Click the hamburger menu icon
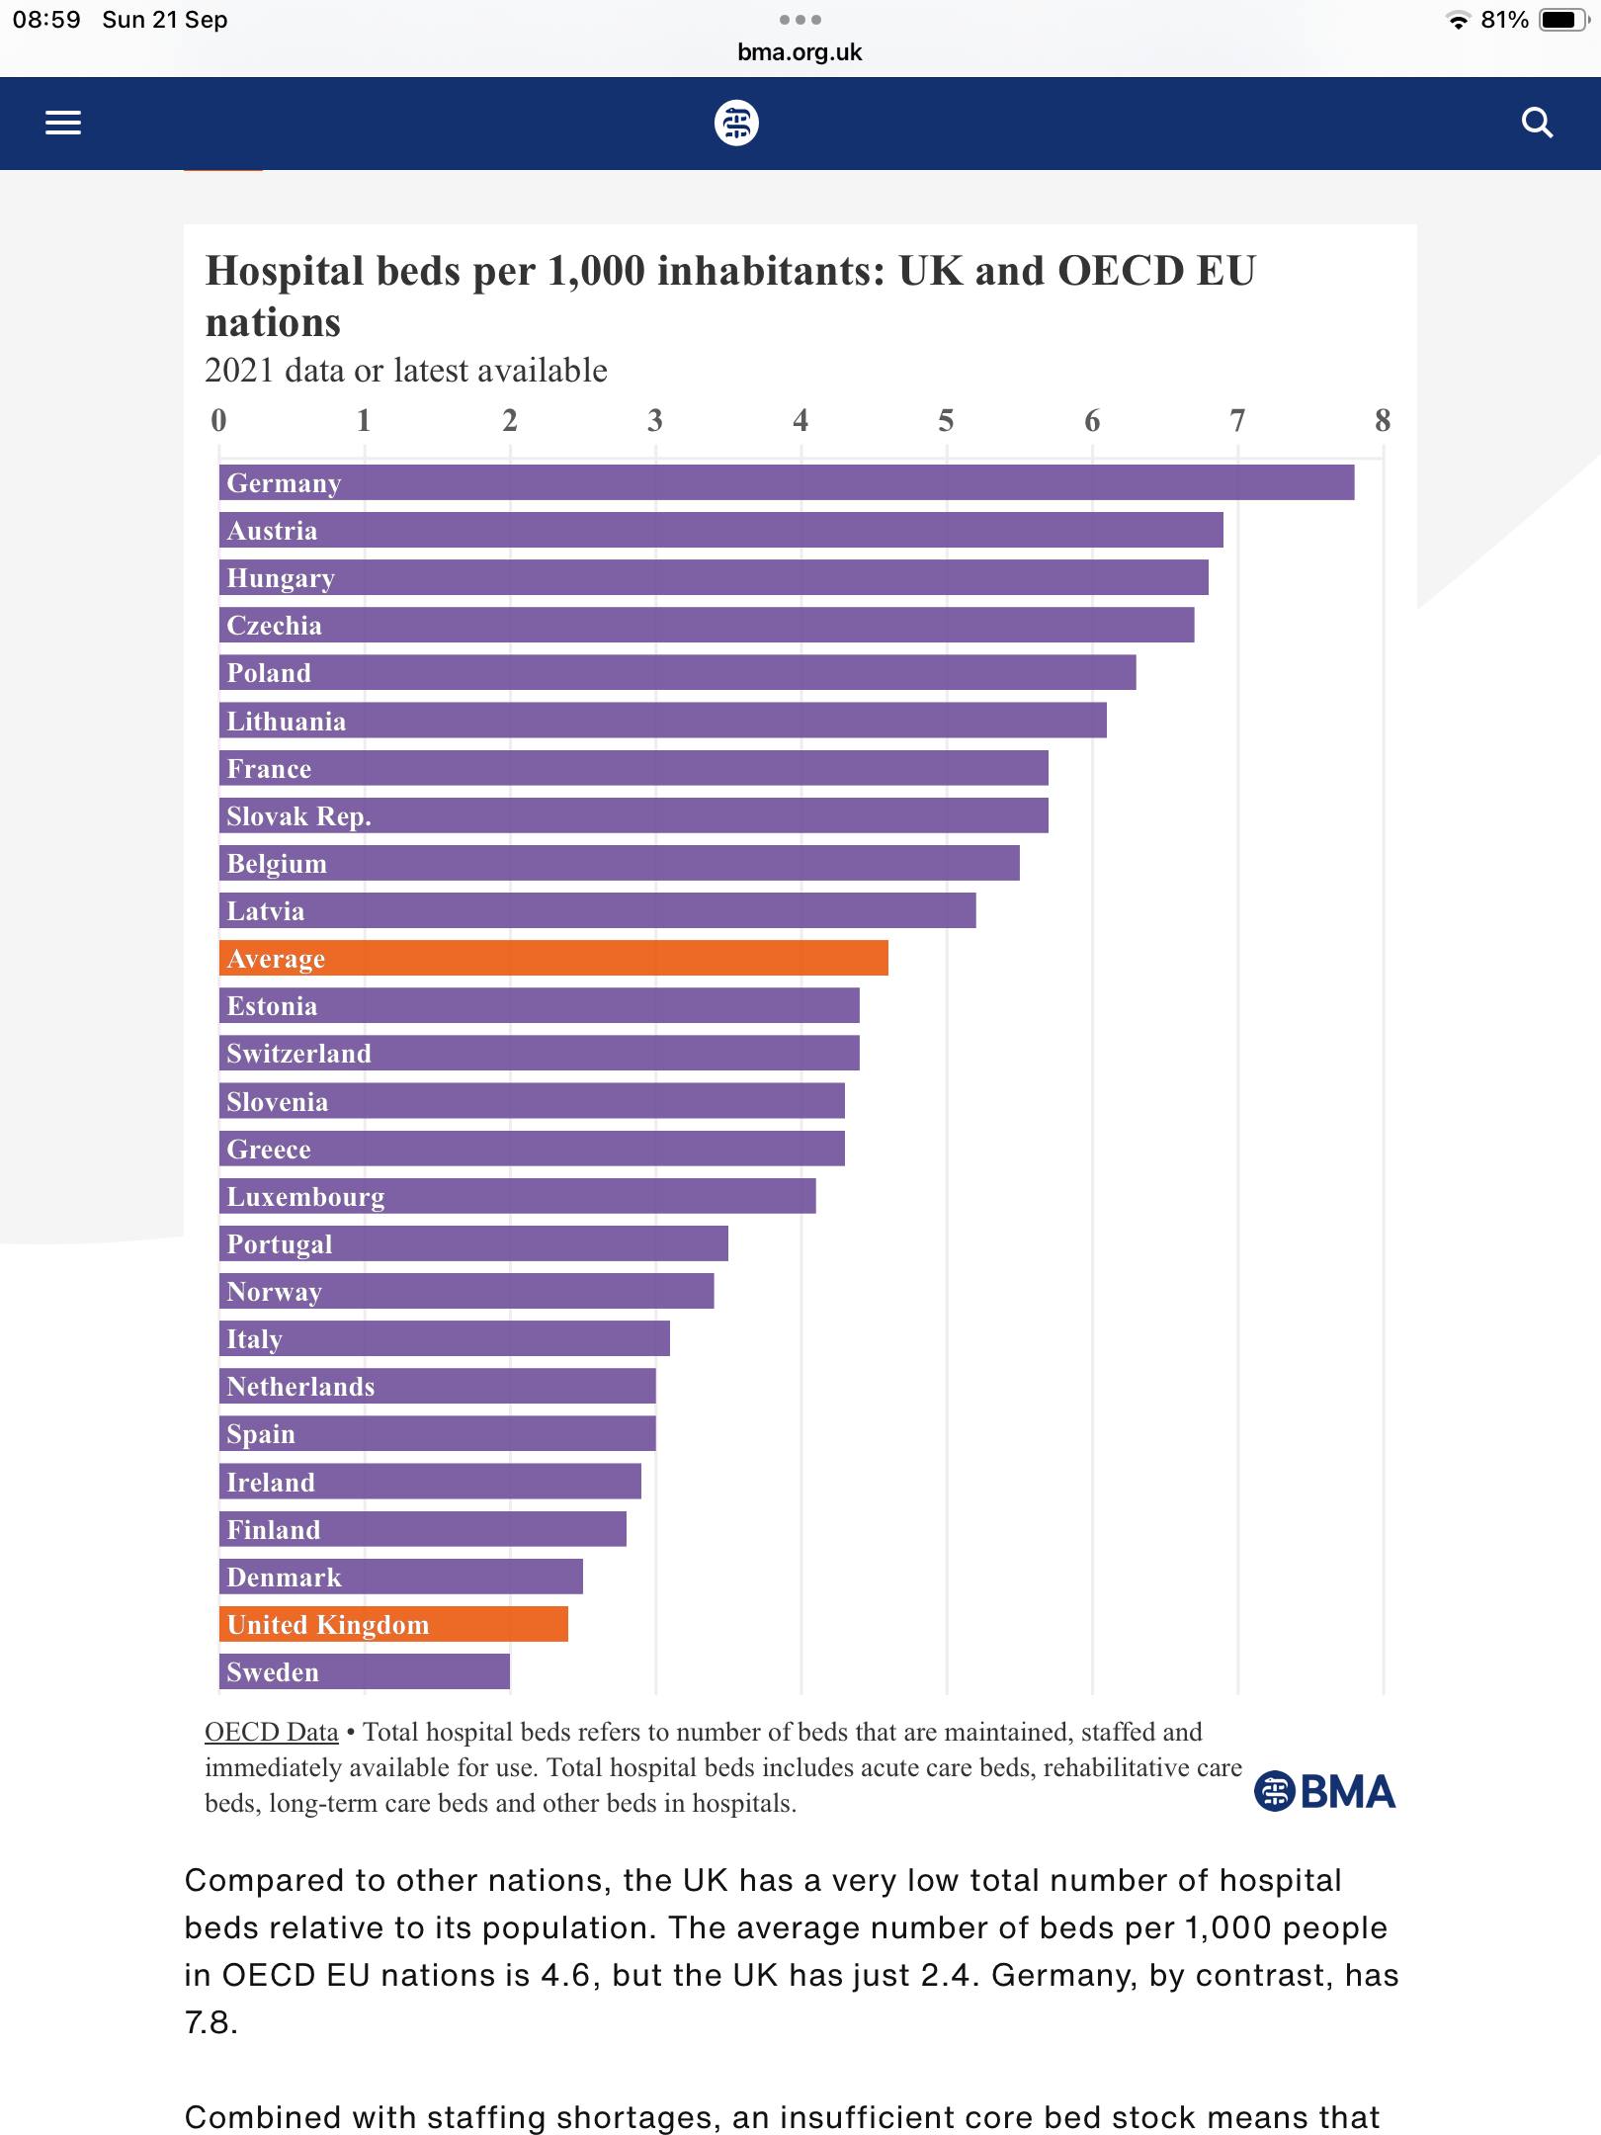(63, 123)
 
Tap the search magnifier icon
(1537, 123)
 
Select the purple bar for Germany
(786, 483)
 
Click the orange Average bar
(553, 959)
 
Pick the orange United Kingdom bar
(393, 1625)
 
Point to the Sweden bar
(364, 1672)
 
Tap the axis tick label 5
(946, 421)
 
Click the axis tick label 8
(1383, 421)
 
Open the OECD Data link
(271, 1732)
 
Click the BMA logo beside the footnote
(1324, 1791)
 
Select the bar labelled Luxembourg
(517, 1197)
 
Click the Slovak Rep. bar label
(298, 816)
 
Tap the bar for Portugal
(473, 1244)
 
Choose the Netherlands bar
(437, 1387)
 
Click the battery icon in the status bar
(1562, 20)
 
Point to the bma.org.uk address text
(800, 52)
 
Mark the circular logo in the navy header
(736, 123)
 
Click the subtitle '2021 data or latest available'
(405, 371)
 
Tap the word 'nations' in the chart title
(273, 323)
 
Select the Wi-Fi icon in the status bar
(1458, 20)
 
